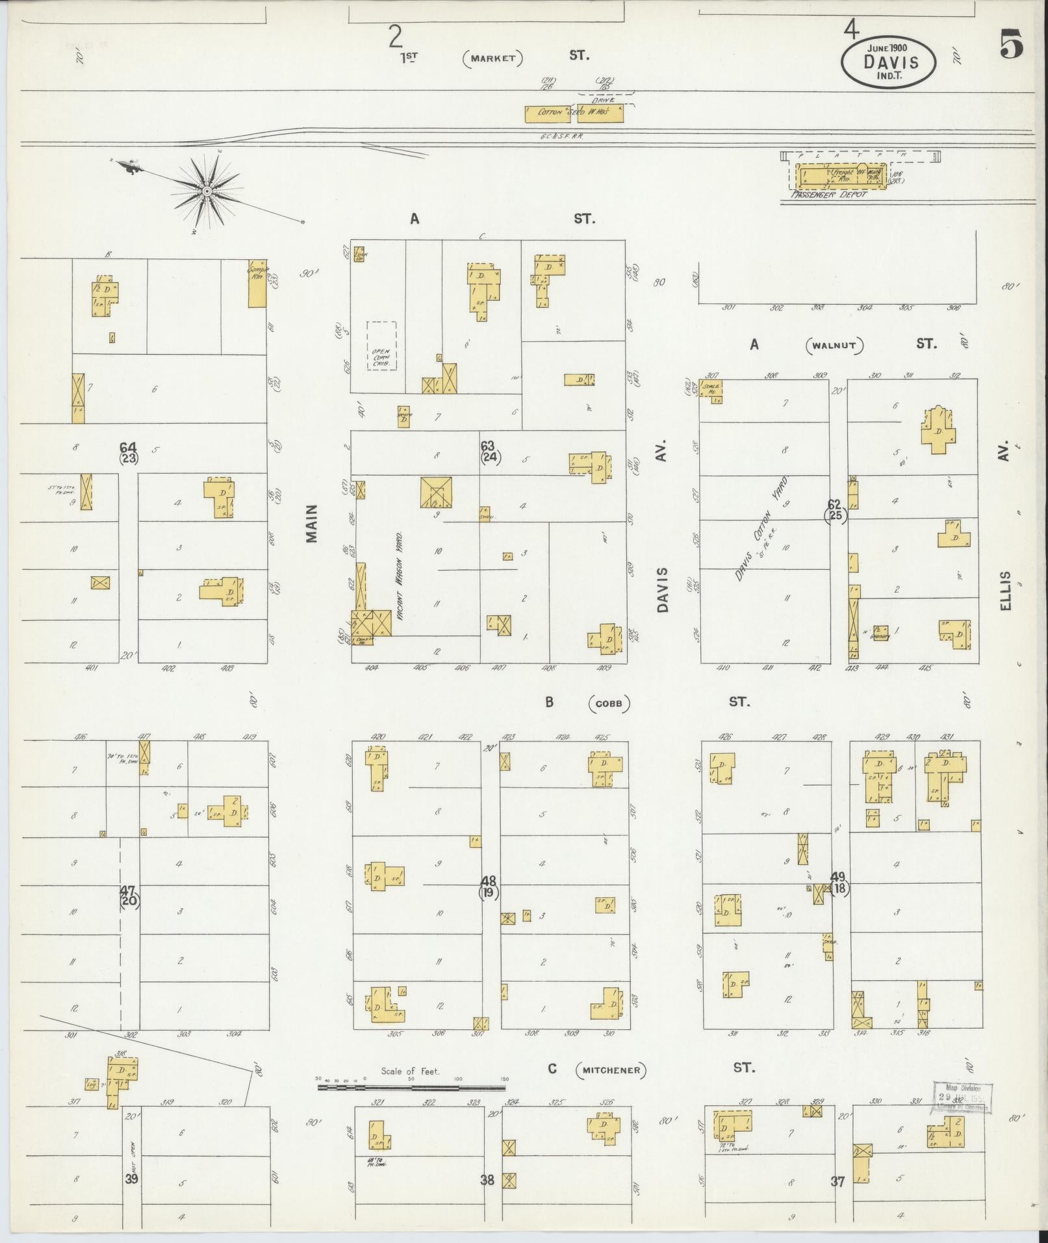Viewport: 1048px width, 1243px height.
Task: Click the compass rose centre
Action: tap(207, 191)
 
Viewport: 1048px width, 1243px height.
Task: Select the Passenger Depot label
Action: tap(828, 194)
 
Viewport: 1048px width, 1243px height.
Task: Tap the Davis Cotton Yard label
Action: tap(762, 530)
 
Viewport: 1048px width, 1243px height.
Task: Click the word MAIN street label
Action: tap(313, 524)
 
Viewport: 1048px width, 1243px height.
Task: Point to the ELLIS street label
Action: tap(1006, 591)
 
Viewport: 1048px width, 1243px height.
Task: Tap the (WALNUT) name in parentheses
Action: tap(835, 346)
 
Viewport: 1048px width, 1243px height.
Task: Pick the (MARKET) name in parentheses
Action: tap(492, 58)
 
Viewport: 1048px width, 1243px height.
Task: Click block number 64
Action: tap(128, 447)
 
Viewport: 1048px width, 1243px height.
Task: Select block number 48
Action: tap(488, 881)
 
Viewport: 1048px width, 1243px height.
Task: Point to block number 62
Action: tap(834, 504)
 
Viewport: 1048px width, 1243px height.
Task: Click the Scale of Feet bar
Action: tap(411, 1086)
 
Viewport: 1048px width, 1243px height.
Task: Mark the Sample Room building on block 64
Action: tap(257, 283)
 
